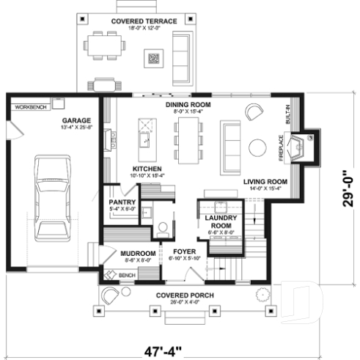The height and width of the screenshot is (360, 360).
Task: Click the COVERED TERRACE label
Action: tap(144, 21)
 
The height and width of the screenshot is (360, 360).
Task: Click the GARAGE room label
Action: tap(76, 120)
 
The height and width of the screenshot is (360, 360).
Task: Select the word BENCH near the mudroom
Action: tap(127, 276)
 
